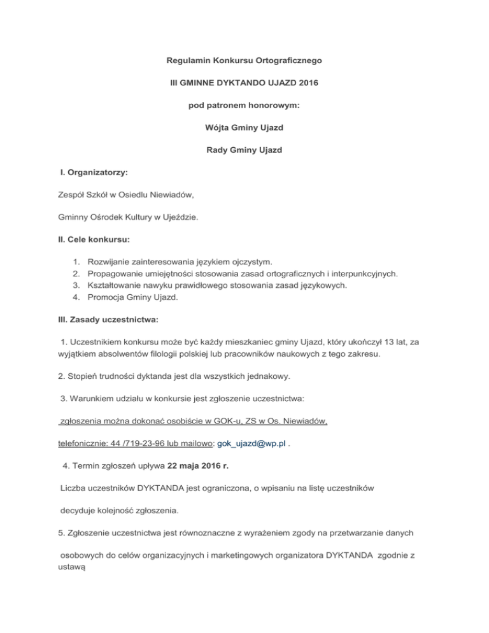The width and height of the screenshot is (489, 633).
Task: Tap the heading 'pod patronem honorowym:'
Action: click(x=244, y=105)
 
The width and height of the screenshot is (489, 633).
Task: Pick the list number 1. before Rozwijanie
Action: click(x=76, y=262)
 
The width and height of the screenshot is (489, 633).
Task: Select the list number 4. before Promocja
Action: click(x=76, y=297)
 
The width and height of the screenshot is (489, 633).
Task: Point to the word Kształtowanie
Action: click(x=117, y=285)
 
